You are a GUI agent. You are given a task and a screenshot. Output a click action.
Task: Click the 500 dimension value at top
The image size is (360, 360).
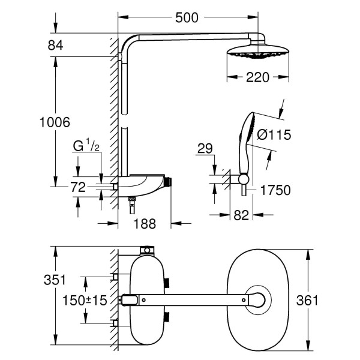[187, 18]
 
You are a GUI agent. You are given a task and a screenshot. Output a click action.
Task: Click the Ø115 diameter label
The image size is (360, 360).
[274, 136]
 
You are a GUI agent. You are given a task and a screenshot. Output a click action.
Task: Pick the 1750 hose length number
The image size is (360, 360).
[275, 190]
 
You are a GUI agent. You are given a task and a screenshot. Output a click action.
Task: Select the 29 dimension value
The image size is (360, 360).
[205, 147]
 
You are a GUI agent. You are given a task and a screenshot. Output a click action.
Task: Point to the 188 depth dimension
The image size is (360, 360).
[144, 224]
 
